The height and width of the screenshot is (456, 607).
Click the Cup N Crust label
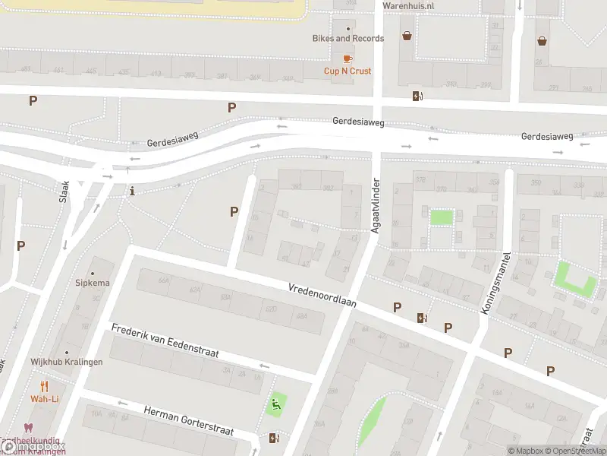[348, 71]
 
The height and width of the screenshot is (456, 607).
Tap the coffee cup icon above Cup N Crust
[348, 58]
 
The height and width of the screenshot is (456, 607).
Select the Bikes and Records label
[348, 38]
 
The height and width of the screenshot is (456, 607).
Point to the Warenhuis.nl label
[407, 5]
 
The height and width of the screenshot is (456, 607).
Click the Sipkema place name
[93, 283]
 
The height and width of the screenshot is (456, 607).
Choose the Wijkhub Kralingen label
[66, 362]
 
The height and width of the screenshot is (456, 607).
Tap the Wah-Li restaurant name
[44, 398]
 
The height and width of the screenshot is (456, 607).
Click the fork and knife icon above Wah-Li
[44, 385]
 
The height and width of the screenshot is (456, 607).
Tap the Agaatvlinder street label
[375, 207]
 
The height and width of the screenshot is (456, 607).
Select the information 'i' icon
[133, 190]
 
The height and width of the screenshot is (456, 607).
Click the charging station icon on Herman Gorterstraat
[274, 438]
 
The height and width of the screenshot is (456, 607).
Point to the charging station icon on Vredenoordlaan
[422, 318]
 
